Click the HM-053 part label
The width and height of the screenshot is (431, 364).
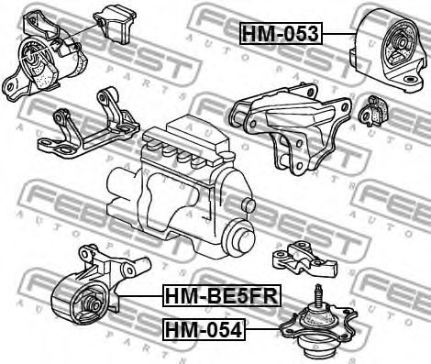click(281, 34)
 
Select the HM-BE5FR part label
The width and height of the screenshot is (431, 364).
click(222, 295)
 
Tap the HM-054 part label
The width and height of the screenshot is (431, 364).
click(204, 329)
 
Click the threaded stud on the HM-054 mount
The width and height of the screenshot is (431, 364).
click(318, 295)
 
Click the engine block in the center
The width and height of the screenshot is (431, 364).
click(181, 186)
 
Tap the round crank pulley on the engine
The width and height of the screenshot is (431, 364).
click(239, 237)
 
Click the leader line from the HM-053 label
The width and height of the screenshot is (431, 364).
click(339, 34)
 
